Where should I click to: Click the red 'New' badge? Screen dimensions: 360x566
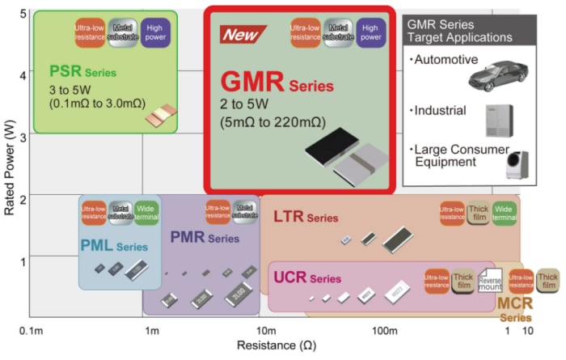pyautogui.click(x=241, y=36)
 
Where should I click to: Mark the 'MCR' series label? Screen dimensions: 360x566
pyautogui.click(x=514, y=304)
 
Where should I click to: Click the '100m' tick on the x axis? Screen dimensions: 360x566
pyautogui.click(x=385, y=332)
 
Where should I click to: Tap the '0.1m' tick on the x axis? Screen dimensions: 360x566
pyautogui.click(x=31, y=332)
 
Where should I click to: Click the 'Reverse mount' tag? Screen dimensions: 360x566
pyautogui.click(x=491, y=278)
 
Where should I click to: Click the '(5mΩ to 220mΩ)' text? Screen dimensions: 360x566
pyautogui.click(x=272, y=123)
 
